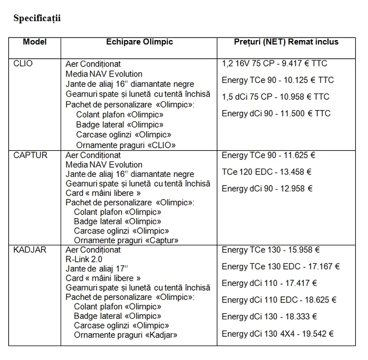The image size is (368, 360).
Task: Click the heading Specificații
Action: click(x=37, y=19)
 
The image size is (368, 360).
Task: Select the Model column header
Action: click(x=35, y=42)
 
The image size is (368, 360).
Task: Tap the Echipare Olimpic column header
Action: click(x=139, y=42)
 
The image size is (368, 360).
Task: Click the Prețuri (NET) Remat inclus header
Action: click(x=286, y=42)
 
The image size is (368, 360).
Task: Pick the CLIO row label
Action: click(x=24, y=64)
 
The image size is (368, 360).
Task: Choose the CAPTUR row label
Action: click(x=28, y=155)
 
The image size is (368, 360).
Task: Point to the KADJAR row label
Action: click(x=29, y=250)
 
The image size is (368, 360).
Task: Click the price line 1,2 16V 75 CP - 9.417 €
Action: click(x=274, y=64)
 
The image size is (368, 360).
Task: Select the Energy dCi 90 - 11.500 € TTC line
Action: click(x=276, y=113)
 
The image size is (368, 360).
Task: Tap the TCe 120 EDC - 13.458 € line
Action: click(x=267, y=172)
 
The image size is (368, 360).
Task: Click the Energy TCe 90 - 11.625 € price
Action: click(x=268, y=155)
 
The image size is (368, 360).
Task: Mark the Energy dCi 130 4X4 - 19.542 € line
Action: click(x=278, y=334)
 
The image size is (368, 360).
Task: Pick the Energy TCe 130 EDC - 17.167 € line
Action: click(x=281, y=266)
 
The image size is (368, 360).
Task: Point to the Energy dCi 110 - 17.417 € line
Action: click(x=269, y=283)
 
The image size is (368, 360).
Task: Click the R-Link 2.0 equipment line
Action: click(x=84, y=259)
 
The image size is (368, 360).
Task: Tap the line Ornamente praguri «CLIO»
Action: click(x=126, y=145)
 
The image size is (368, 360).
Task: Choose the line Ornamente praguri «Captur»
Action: click(x=126, y=240)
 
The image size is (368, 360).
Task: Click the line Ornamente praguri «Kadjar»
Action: click(x=125, y=335)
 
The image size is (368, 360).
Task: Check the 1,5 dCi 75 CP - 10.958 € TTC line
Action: click(x=275, y=97)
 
